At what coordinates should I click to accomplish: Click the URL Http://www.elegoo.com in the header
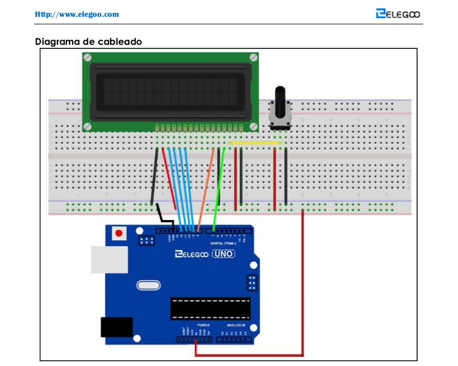(x=77, y=14)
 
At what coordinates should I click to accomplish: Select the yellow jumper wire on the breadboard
(x=256, y=142)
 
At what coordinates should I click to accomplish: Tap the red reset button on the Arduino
(x=119, y=233)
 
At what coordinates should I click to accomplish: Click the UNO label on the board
(x=223, y=254)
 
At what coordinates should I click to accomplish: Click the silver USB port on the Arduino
(x=109, y=260)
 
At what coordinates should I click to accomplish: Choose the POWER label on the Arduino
(x=203, y=325)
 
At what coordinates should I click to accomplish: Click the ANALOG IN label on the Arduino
(x=236, y=325)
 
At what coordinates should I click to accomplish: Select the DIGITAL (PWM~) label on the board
(x=222, y=243)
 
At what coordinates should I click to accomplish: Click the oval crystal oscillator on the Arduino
(x=148, y=286)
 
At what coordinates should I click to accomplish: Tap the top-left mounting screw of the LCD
(x=87, y=58)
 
